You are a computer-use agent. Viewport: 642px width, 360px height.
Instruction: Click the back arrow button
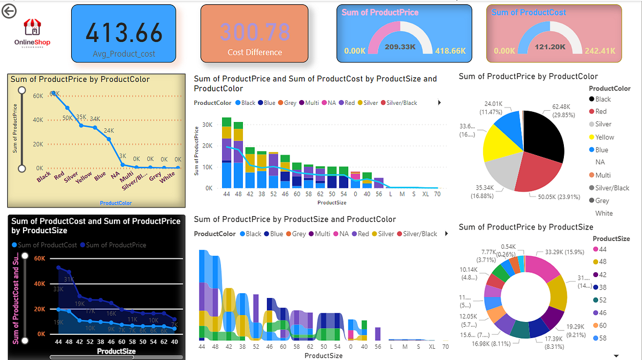point(9,11)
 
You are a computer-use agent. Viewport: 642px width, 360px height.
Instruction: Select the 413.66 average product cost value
point(124,33)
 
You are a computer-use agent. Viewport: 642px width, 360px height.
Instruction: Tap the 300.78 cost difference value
point(255,33)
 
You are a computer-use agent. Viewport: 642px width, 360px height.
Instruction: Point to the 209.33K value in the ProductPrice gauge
point(401,47)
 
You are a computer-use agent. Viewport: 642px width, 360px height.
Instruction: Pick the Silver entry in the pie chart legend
point(603,124)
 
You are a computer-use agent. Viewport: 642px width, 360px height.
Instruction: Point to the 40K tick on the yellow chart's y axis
point(37,120)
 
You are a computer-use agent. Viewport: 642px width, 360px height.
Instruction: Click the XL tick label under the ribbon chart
point(432,347)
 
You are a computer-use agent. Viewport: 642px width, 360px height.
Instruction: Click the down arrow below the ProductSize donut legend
point(616,356)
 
